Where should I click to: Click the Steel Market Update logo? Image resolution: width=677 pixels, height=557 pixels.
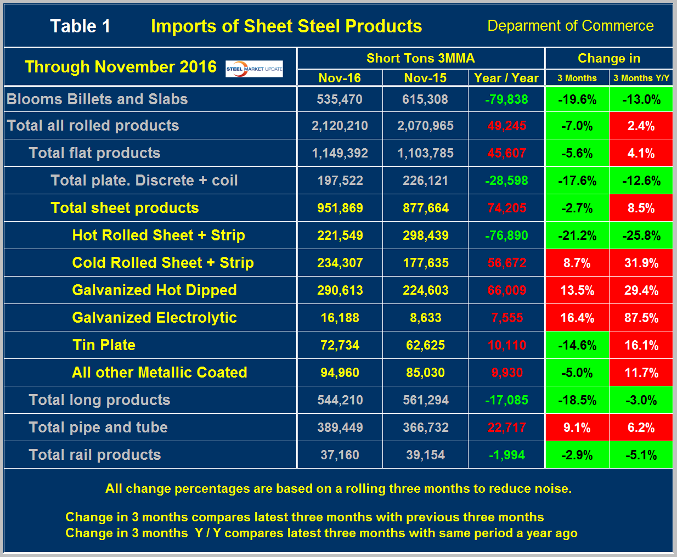click(x=254, y=69)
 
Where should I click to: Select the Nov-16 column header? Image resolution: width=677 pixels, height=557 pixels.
click(x=340, y=78)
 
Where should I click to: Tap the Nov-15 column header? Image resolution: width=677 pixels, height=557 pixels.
click(x=425, y=78)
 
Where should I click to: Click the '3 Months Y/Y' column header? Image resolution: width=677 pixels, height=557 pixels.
click(x=641, y=78)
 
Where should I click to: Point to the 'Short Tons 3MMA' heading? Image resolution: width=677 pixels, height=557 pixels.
click(x=420, y=58)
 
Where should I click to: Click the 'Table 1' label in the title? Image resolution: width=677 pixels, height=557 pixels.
click(x=80, y=26)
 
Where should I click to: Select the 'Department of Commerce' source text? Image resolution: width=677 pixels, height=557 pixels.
click(x=570, y=26)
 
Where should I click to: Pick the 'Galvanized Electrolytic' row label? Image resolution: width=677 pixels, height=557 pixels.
click(x=154, y=318)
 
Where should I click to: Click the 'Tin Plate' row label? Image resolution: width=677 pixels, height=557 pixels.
click(x=104, y=345)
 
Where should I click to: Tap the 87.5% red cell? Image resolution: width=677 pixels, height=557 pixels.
click(x=641, y=318)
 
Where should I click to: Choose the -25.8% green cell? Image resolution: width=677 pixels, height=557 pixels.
click(x=641, y=235)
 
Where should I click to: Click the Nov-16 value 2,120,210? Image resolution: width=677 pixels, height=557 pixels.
click(x=340, y=126)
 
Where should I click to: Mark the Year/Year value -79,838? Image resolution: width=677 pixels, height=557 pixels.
click(x=506, y=99)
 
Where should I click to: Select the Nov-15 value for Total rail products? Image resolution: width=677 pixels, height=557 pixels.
click(x=425, y=455)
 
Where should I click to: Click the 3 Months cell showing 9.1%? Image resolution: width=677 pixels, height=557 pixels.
click(x=577, y=427)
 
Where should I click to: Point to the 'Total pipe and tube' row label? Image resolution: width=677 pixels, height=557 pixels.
click(x=98, y=427)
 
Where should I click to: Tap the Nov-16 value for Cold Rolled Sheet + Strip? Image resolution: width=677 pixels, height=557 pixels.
click(x=340, y=263)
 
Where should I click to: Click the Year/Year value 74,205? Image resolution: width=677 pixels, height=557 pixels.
click(x=506, y=208)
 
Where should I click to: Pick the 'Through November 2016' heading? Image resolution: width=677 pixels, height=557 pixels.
click(x=121, y=67)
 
